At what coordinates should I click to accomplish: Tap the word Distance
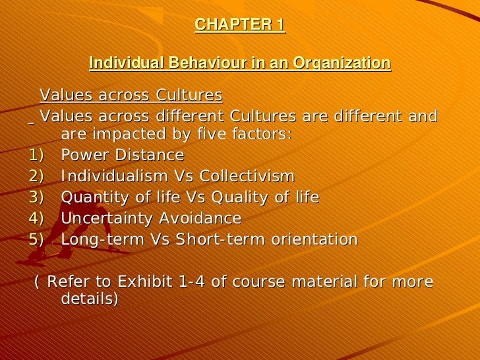[x=151, y=156]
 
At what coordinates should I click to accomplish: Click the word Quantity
[x=92, y=197]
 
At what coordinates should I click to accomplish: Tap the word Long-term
[x=96, y=239]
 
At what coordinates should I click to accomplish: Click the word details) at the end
[x=90, y=299]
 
